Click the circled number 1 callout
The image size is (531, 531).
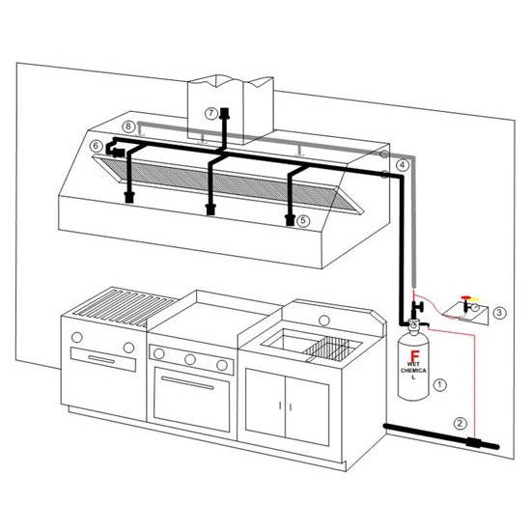tap(439, 384)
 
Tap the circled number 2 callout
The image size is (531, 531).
tap(460, 423)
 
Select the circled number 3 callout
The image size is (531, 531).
tap(499, 313)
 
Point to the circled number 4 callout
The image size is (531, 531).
tap(403, 165)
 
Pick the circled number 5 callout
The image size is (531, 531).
tap(303, 221)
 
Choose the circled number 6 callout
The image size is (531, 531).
tap(96, 146)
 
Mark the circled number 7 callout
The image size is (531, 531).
tap(210, 113)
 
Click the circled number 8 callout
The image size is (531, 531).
tap(128, 126)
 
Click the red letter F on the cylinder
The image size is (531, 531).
tap(414, 355)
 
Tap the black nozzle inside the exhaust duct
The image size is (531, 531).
tap(224, 114)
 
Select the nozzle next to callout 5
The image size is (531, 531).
tap(290, 220)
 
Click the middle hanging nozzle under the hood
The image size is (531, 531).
tap(210, 210)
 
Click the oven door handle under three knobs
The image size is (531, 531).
tap(187, 383)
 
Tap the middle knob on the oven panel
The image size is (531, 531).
tap(190, 359)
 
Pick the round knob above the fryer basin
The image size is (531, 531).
tap(324, 320)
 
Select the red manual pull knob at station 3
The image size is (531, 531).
tap(466, 297)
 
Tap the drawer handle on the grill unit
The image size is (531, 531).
tap(101, 359)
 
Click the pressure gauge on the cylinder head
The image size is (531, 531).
tap(413, 324)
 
